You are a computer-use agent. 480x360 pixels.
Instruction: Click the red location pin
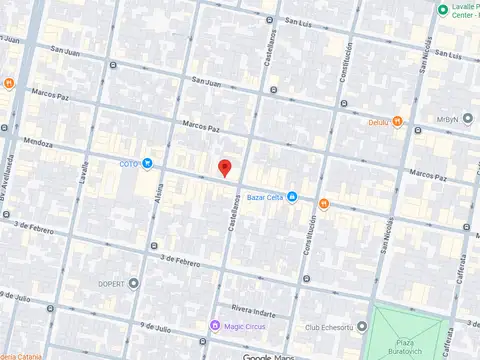pyautogui.click(x=225, y=167)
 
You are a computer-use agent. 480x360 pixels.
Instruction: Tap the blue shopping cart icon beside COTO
pyautogui.click(x=147, y=163)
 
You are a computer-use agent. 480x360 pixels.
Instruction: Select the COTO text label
pyautogui.click(x=128, y=163)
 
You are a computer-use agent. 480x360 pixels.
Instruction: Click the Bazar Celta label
pyautogui.click(x=264, y=197)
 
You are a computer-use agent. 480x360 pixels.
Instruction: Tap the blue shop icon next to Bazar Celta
pyautogui.click(x=292, y=197)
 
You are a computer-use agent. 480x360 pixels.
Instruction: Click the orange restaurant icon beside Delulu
pyautogui.click(x=398, y=123)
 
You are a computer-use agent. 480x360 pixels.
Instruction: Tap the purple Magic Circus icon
pyautogui.click(x=215, y=326)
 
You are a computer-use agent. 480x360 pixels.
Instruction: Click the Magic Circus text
pyautogui.click(x=243, y=326)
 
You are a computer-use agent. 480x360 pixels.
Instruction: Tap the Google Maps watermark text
pyautogui.click(x=267, y=356)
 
